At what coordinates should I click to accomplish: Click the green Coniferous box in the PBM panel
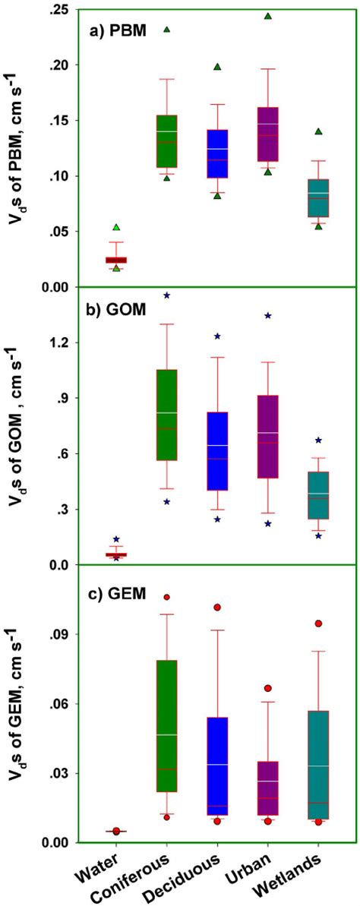click(166, 141)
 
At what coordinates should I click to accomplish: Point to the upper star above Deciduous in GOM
click(216, 336)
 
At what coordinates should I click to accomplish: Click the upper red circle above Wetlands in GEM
click(318, 623)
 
